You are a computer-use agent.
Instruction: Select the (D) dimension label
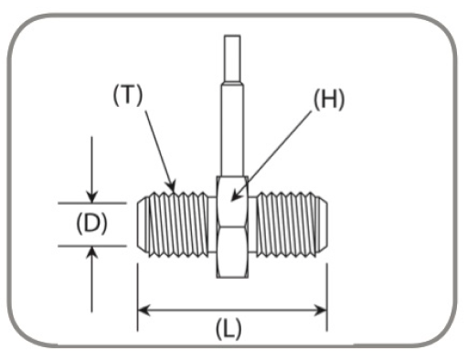[91, 224]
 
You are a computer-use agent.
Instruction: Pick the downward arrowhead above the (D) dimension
[90, 196]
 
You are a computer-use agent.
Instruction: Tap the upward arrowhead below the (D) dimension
[90, 251]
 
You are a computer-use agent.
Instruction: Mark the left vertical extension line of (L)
[137, 292]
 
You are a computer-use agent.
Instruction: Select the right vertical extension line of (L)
[326, 292]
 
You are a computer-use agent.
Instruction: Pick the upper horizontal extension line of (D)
[91, 203]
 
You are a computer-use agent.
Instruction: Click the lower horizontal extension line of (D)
[91, 245]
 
